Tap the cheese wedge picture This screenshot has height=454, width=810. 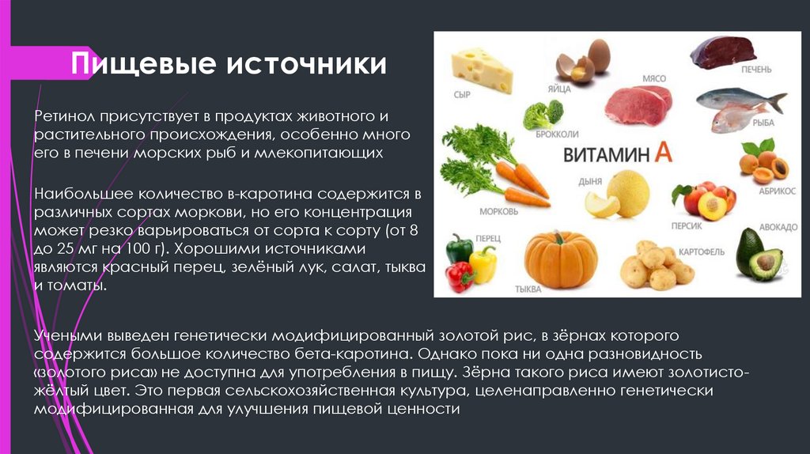[481, 69]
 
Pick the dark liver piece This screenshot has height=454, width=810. [722, 52]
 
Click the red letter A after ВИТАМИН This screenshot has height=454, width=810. [664, 153]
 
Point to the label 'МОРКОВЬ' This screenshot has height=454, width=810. [498, 212]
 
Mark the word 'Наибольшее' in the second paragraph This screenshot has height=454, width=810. [73, 194]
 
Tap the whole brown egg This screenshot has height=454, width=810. [598, 55]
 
